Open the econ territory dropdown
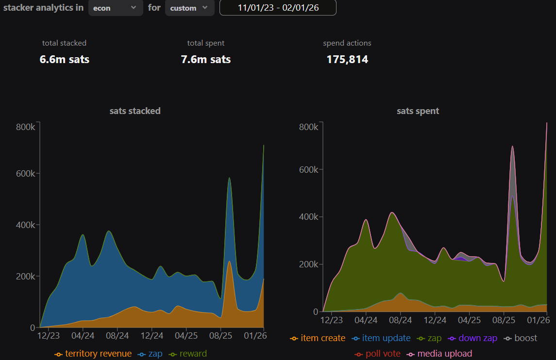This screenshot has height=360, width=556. point(115,8)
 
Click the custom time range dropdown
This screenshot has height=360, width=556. point(190,8)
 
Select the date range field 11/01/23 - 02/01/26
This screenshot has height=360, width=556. point(278,8)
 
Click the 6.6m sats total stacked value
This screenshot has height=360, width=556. point(65,59)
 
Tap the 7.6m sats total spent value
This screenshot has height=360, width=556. point(206,59)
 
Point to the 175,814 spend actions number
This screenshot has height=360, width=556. point(347,59)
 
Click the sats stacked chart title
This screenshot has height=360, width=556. point(135,111)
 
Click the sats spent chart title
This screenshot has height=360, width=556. point(418,111)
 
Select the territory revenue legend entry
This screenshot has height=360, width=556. point(93,354)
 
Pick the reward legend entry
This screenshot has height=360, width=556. point(187,354)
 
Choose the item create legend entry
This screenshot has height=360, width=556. point(318,338)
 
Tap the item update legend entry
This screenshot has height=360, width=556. point(381,338)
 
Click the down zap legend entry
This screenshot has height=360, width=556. point(472,338)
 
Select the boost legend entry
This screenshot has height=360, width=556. point(520,338)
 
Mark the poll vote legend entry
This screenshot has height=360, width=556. point(378,354)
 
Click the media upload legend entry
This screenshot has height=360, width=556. point(439,354)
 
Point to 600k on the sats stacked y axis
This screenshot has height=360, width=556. point(26,174)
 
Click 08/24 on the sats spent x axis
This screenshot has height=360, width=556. point(400,320)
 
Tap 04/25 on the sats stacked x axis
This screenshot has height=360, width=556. point(186,336)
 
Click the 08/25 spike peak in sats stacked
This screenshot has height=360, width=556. point(229,178)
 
